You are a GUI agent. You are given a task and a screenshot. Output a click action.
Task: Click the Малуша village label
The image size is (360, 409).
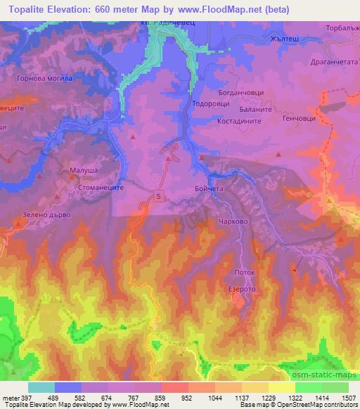pos(84,170)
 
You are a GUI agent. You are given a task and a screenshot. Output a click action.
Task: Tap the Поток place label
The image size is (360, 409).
pos(243,271)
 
